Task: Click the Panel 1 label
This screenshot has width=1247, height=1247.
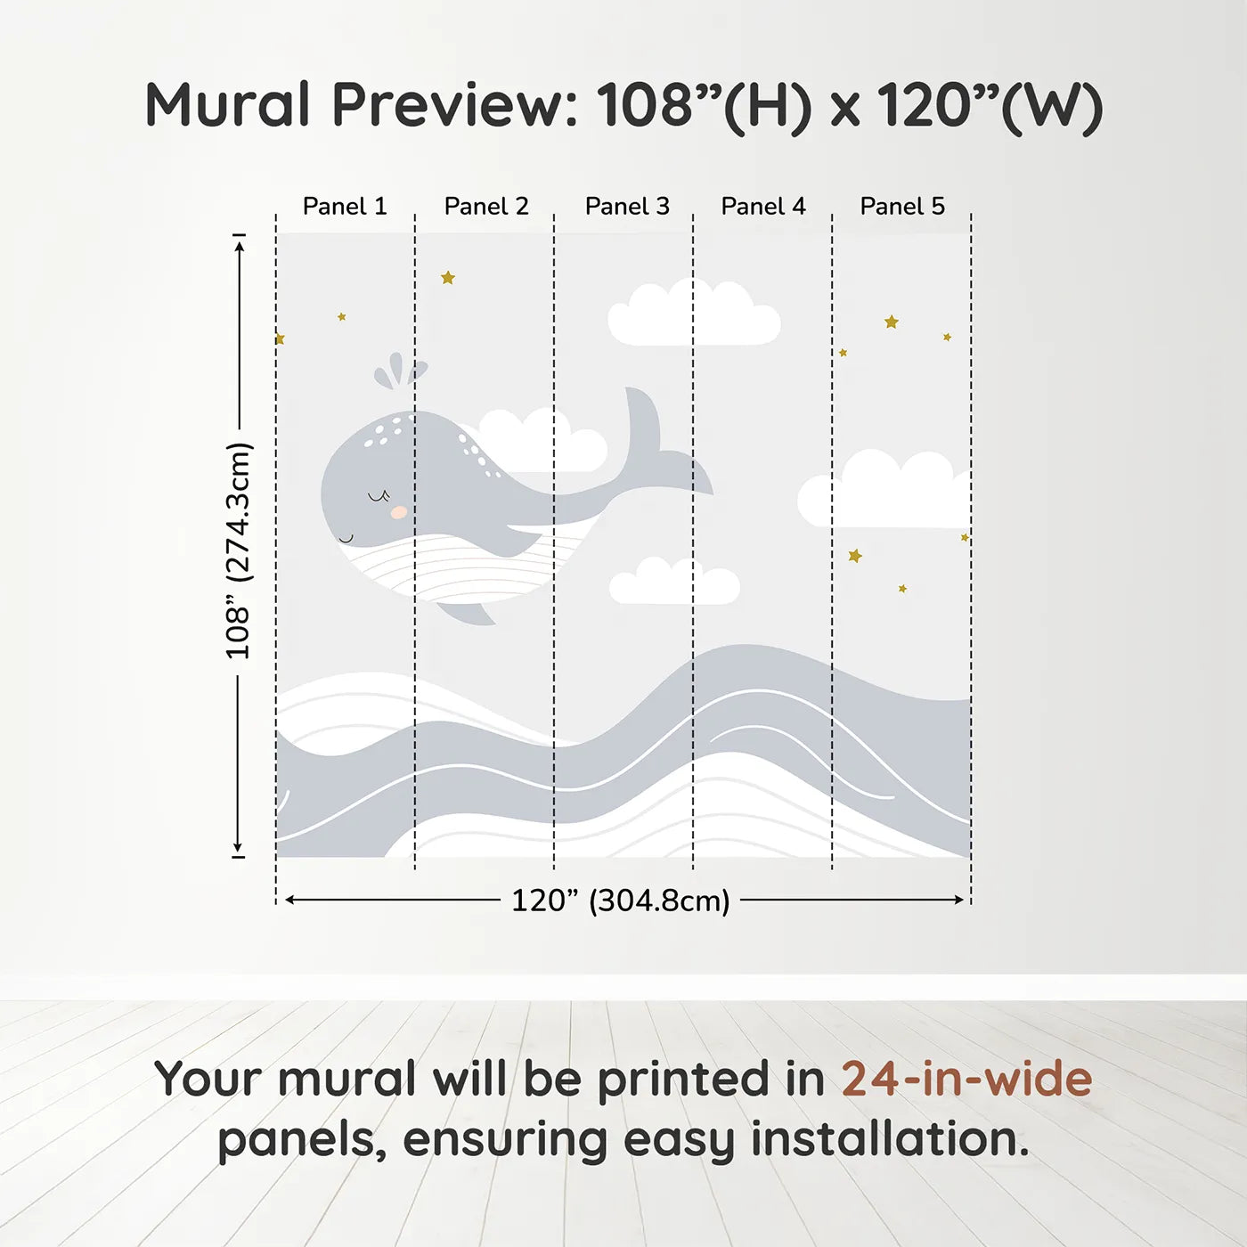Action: click(345, 207)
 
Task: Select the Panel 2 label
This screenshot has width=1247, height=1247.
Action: click(486, 207)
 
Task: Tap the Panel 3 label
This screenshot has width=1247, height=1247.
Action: click(627, 207)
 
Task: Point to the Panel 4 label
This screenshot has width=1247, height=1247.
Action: click(763, 207)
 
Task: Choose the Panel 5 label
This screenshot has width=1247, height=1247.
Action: click(902, 207)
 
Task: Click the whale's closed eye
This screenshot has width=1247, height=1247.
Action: click(379, 497)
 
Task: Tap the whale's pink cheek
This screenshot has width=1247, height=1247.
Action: click(399, 512)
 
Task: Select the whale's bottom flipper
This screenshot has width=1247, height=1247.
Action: click(466, 614)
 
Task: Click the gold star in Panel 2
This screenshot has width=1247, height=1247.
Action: click(448, 278)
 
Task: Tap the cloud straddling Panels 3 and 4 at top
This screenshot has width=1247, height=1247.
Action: click(694, 313)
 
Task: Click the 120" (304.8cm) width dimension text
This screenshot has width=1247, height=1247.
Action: click(621, 901)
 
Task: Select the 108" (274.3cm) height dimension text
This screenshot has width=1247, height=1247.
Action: click(237, 550)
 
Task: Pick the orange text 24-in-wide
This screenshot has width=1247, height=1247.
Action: click(966, 1080)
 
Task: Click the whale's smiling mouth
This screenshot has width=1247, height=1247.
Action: click(346, 538)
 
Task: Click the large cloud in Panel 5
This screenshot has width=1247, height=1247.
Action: click(884, 489)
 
